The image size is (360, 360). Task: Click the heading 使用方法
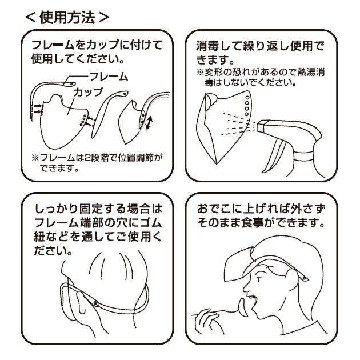click(67, 18)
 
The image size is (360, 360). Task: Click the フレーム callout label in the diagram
click(109, 77)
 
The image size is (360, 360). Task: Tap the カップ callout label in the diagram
click(88, 93)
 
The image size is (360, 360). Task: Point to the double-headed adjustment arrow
click(149, 122)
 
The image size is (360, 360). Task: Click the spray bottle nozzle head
click(266, 125)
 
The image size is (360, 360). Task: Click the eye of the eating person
click(259, 279)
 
